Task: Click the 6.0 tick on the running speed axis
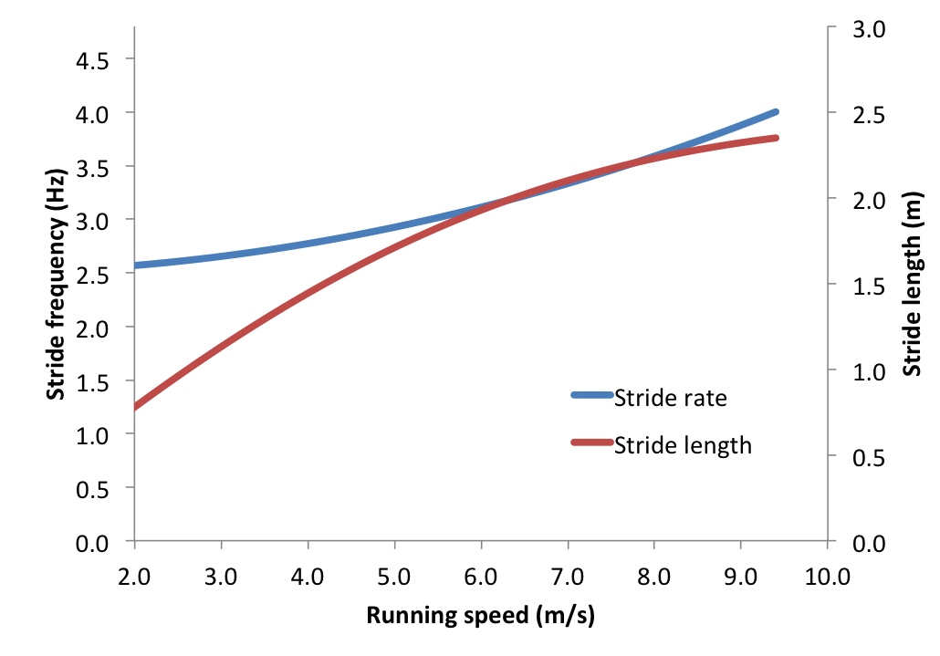pos(481,578)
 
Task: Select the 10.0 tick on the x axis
pos(827,578)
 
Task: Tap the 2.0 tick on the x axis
pos(135,578)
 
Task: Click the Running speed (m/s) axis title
pos(480,616)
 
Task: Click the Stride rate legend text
pos(670,398)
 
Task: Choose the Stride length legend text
pos(683,445)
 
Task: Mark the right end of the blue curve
pos(776,111)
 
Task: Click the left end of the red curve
pos(136,407)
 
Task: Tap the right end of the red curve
pos(776,138)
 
